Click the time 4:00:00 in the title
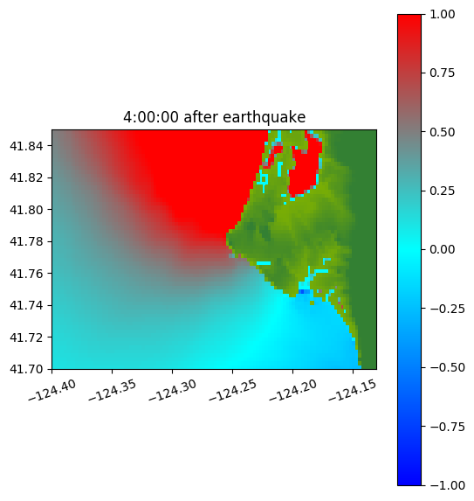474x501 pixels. (x=150, y=117)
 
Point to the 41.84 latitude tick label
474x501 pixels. (x=26, y=146)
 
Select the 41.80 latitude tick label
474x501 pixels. (x=26, y=210)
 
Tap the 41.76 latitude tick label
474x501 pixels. (x=26, y=274)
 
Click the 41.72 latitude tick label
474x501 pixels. (x=26, y=337)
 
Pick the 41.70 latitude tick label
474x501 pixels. (x=26, y=369)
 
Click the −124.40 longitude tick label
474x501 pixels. (x=52, y=390)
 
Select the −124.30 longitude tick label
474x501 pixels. (x=173, y=390)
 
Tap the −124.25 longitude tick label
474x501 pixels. (x=233, y=390)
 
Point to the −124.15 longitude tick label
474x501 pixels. (x=354, y=390)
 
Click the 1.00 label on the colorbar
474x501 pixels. (x=442, y=14)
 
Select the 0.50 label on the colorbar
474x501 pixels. (x=442, y=132)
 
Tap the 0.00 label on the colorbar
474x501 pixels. (x=442, y=249)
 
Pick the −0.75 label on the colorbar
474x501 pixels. (x=447, y=427)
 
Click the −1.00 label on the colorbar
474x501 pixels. (x=447, y=485)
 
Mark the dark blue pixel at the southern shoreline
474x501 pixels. (x=301, y=291)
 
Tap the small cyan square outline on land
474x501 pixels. (x=263, y=179)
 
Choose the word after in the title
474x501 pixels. (x=200, y=117)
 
